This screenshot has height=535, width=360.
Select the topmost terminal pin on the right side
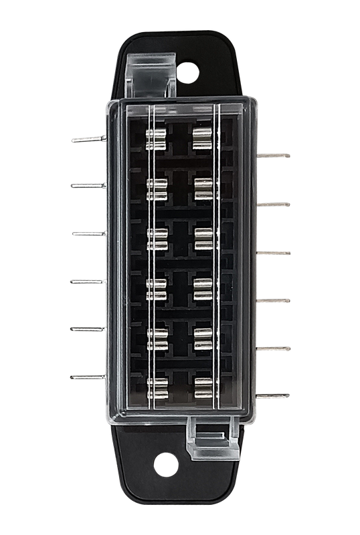pyautogui.click(x=274, y=156)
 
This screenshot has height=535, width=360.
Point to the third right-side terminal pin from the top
pyautogui.click(x=274, y=252)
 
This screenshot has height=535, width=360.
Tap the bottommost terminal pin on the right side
pyautogui.click(x=274, y=395)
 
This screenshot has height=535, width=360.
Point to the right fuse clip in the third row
pyautogui.click(x=202, y=238)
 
